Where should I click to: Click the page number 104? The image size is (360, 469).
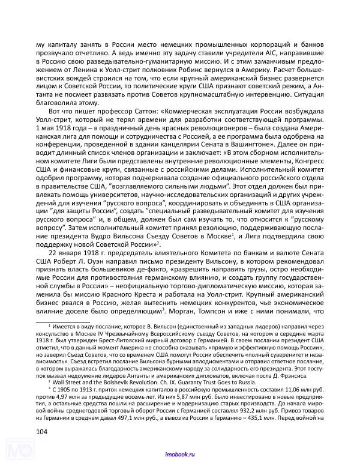(x=43, y=431)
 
